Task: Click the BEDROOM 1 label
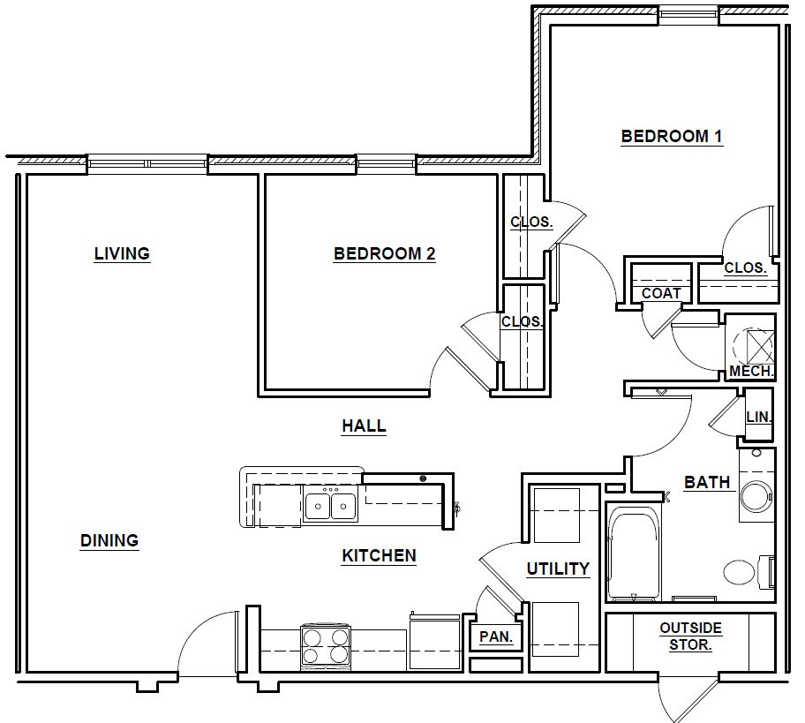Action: tap(672, 137)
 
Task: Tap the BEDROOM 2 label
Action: tap(385, 253)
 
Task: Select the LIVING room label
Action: tap(122, 253)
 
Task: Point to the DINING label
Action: tap(109, 540)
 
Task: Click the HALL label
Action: tap(364, 426)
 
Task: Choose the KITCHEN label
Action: tap(379, 555)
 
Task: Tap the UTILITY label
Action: tap(558, 569)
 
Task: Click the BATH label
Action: tap(707, 483)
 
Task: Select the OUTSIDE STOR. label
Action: tap(690, 636)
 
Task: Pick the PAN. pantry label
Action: tap(496, 637)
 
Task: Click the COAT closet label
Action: tap(661, 294)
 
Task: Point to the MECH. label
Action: tap(752, 372)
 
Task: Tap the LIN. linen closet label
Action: tap(759, 418)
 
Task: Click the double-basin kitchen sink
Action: tap(331, 507)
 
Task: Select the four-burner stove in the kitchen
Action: tap(326, 646)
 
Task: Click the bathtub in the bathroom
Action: tap(634, 553)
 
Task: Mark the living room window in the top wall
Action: tap(147, 164)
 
